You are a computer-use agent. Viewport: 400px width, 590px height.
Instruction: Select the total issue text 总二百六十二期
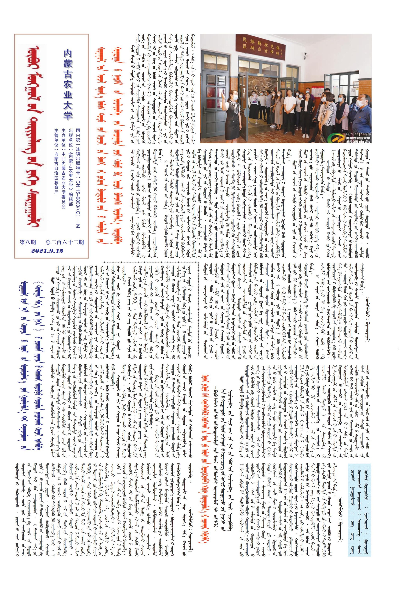point(65,242)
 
